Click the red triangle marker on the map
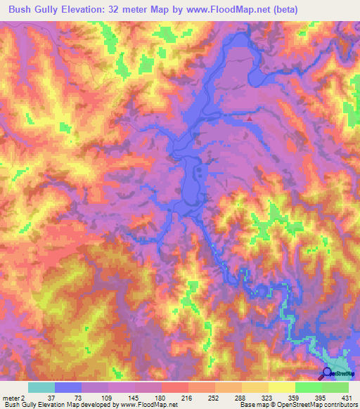(248, 118)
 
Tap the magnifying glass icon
(327, 373)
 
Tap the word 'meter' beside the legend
(10, 397)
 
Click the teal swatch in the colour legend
(41, 387)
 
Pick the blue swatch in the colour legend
(68, 387)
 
